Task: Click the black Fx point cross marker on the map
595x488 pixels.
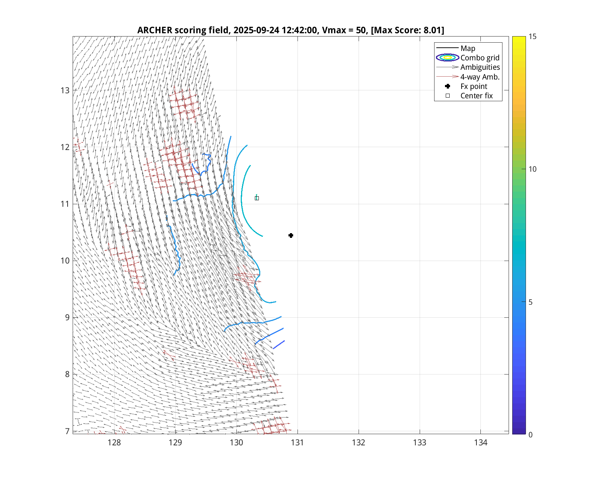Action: click(x=291, y=236)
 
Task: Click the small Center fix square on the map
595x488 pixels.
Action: click(x=257, y=198)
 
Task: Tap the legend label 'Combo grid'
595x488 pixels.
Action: click(x=480, y=58)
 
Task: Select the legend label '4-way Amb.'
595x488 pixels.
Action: click(x=480, y=77)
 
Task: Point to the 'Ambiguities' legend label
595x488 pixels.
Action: click(x=480, y=67)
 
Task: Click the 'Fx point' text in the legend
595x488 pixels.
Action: click(x=474, y=86)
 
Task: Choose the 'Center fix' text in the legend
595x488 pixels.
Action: click(x=476, y=96)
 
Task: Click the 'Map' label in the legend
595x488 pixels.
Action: click(x=468, y=48)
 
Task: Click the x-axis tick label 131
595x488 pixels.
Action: click(x=297, y=443)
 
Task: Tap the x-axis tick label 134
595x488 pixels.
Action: click(x=481, y=443)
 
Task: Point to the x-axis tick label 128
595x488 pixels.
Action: click(x=114, y=443)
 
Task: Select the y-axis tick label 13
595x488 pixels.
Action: click(x=65, y=90)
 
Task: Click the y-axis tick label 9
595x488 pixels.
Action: click(x=67, y=317)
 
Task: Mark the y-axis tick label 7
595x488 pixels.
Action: click(x=67, y=431)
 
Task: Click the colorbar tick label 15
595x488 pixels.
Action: click(x=532, y=37)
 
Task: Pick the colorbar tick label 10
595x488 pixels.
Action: click(x=532, y=169)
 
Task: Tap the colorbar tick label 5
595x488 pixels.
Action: click(x=531, y=302)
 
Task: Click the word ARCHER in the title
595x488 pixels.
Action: click(x=155, y=30)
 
